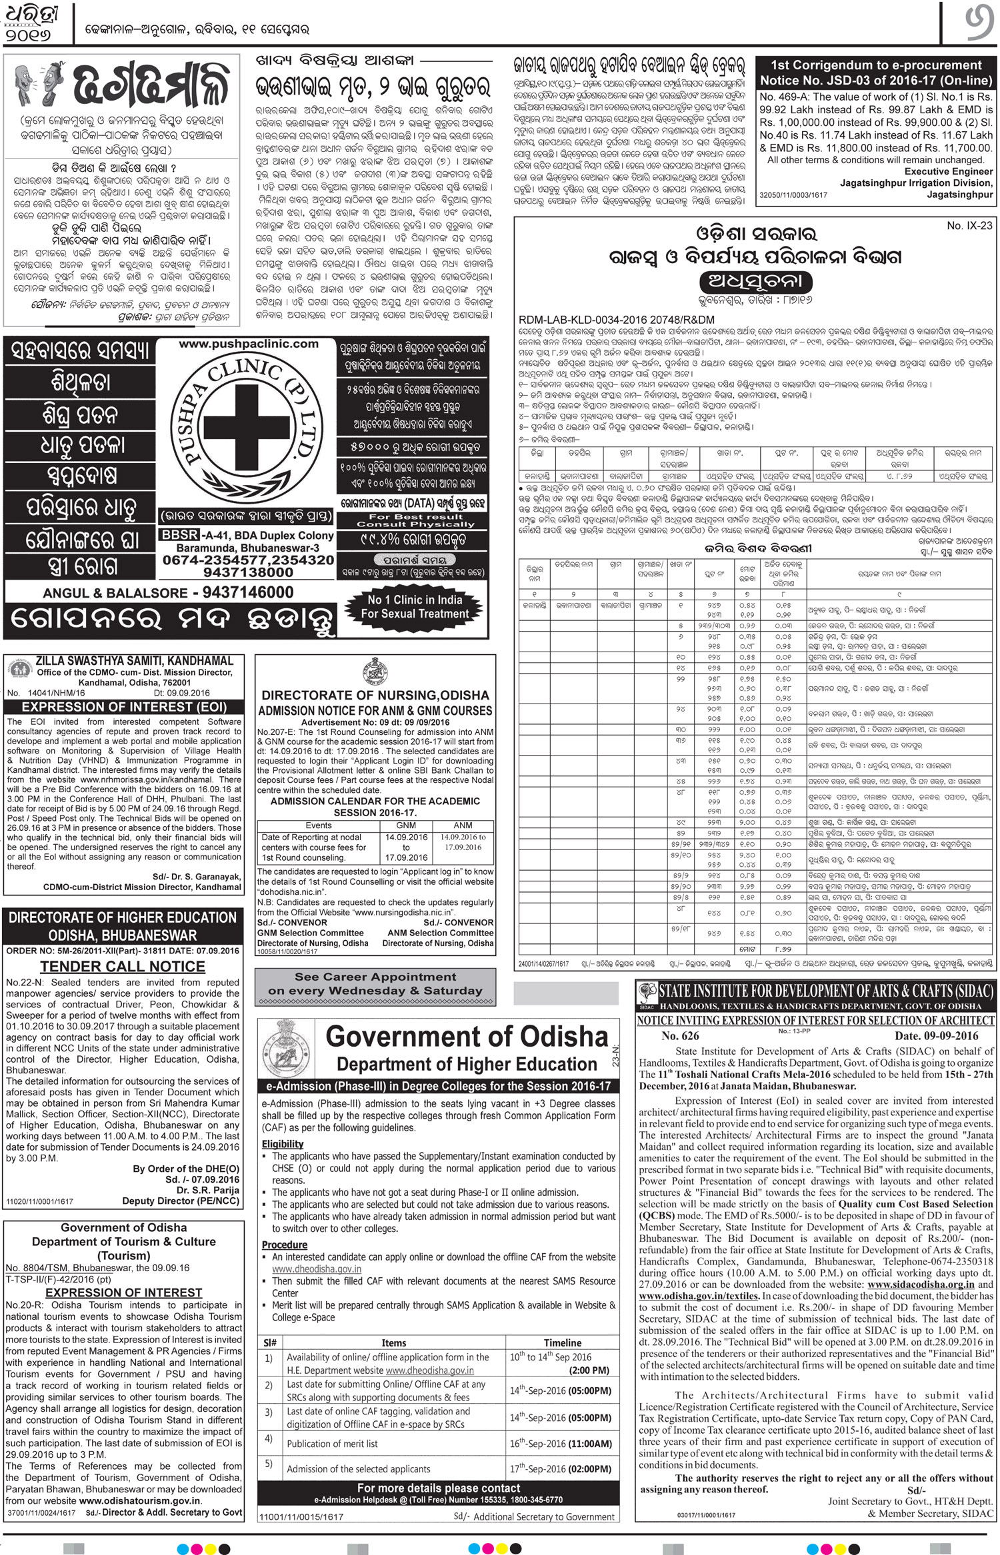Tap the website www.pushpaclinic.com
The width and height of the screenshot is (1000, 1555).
(248, 344)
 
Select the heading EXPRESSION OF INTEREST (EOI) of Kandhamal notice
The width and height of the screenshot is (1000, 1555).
(125, 707)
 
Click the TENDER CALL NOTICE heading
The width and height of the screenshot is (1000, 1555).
(123, 967)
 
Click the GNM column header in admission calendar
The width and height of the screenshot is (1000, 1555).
(406, 825)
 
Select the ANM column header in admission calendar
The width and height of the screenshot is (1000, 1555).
(463, 825)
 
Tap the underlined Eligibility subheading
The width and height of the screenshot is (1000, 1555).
(283, 1144)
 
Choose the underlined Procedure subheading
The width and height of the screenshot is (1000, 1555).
(285, 1245)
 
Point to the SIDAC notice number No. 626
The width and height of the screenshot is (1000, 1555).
(680, 1036)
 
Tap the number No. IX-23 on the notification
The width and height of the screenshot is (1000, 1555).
(969, 226)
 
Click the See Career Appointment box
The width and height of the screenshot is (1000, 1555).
(375, 983)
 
